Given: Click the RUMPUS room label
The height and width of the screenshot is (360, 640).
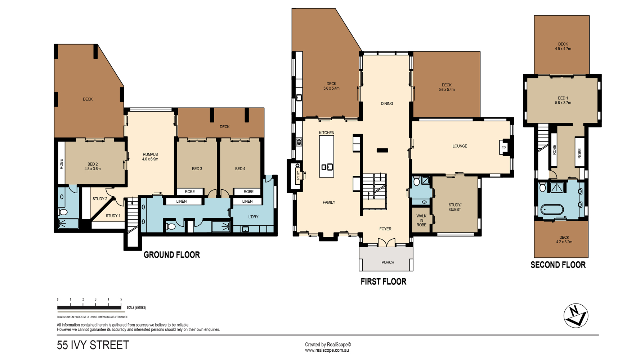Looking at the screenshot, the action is click(x=150, y=154).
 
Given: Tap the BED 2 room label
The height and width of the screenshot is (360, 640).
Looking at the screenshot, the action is click(x=93, y=164).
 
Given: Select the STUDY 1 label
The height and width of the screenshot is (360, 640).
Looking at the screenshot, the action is click(x=113, y=216).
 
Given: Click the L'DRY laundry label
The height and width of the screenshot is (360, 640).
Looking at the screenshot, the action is click(x=253, y=217).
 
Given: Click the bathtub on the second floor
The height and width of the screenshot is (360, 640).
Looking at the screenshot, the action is click(x=552, y=210).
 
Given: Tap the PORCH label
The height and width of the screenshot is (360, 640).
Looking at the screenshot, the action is click(x=388, y=262).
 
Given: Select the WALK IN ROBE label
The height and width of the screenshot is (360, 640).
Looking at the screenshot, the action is click(x=421, y=220).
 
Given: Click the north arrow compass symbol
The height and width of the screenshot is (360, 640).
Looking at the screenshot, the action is click(x=576, y=316).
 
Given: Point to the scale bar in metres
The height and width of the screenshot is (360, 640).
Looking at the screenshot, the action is click(x=89, y=307).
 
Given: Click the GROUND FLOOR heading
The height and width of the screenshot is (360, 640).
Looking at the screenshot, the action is click(x=172, y=255).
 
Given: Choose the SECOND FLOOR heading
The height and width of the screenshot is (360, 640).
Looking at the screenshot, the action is click(x=558, y=265).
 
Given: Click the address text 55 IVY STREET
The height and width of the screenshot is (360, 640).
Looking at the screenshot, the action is click(x=93, y=345).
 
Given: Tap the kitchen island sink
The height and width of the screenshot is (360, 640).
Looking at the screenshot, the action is click(x=327, y=167).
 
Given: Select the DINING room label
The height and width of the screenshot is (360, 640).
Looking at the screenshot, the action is click(x=387, y=104).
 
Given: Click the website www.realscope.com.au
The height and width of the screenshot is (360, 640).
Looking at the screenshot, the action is click(x=327, y=350).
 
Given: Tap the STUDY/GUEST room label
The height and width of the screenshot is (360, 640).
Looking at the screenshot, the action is click(x=455, y=207).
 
